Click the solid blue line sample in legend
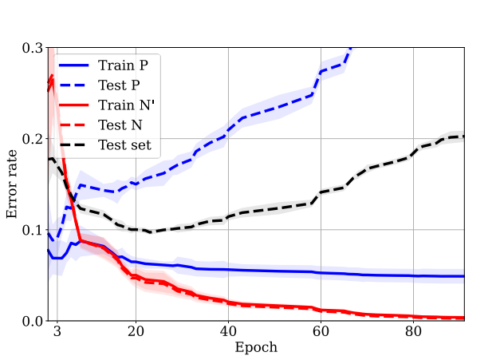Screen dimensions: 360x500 click(x=73, y=64)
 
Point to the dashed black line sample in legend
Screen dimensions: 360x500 click(x=73, y=145)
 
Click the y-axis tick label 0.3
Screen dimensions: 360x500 click(x=32, y=48)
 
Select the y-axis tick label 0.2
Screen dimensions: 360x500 click(x=32, y=139)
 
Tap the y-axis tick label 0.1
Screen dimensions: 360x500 click(x=32, y=230)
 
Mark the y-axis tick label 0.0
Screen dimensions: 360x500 click(x=32, y=321)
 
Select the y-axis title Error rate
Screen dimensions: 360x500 click(x=12, y=184)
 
